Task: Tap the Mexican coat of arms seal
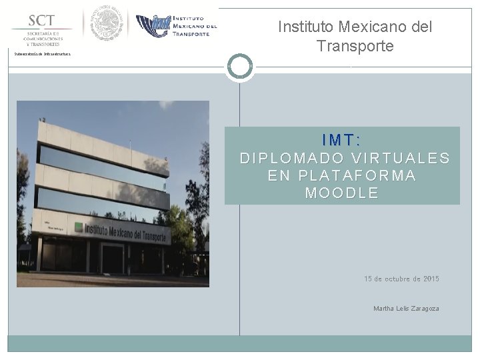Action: click(107, 24)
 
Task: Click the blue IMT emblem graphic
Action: click(153, 26)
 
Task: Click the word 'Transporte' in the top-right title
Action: click(355, 47)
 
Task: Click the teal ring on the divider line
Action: click(240, 67)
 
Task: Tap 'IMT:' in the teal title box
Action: click(341, 140)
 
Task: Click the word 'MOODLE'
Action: click(341, 193)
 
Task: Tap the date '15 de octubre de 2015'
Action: click(401, 279)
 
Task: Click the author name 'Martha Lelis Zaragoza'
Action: click(406, 309)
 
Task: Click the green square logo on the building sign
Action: click(78, 227)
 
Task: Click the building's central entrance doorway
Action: click(111, 257)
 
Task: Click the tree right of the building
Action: click(193, 200)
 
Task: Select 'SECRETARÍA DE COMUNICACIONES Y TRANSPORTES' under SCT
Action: click(43, 39)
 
